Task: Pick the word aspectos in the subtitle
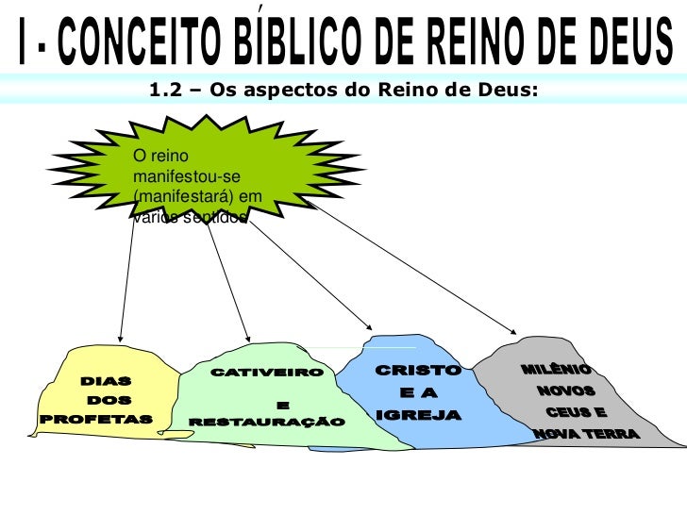tap(292, 90)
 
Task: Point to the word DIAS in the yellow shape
tap(107, 382)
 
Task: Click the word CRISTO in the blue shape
tap(419, 371)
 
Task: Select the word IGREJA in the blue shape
tap(418, 415)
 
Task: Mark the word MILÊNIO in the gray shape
tap(557, 369)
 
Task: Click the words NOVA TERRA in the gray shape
tap(584, 435)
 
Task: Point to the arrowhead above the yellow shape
tap(121, 336)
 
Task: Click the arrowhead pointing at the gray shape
tap(511, 331)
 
